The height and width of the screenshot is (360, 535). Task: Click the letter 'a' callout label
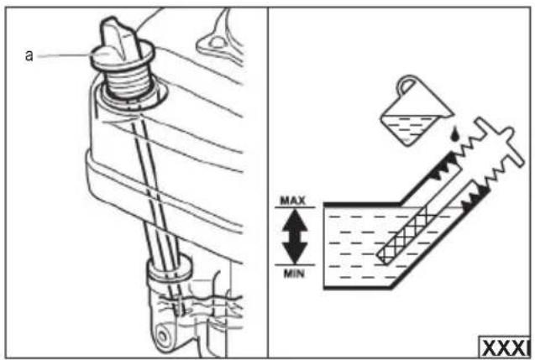[x=29, y=55]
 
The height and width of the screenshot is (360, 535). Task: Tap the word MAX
[x=293, y=201]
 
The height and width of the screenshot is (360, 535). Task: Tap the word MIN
[x=294, y=274]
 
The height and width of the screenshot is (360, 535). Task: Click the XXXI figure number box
[x=505, y=347]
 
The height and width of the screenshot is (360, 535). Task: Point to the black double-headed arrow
[x=295, y=236]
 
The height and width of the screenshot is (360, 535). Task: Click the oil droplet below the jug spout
[x=454, y=133]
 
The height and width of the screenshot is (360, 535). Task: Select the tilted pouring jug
[x=417, y=111]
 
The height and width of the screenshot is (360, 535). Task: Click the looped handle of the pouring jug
[x=406, y=84]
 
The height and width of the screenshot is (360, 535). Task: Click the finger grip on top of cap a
[x=118, y=38]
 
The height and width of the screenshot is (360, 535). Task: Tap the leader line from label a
[x=64, y=55]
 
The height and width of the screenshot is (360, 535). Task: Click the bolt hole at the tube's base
[x=163, y=337]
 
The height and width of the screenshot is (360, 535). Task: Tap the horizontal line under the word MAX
[x=295, y=207]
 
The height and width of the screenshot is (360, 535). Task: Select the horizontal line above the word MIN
[x=295, y=265]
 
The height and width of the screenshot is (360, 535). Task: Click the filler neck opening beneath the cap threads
[x=133, y=99]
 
